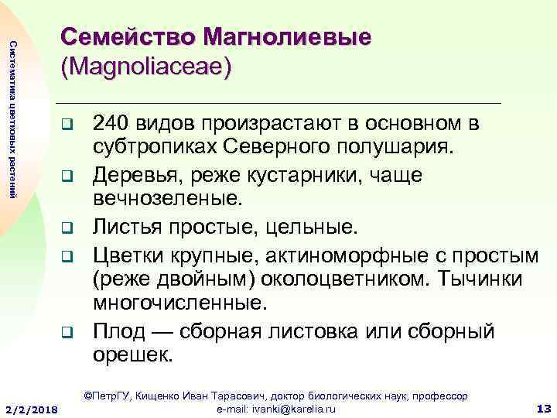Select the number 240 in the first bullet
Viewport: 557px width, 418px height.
109,124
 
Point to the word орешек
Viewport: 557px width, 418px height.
134,355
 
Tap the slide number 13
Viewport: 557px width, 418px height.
543,408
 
